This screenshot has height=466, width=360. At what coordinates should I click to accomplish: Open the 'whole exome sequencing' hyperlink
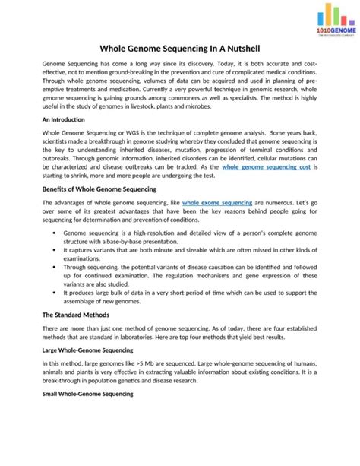pyautogui.click(x=217, y=204)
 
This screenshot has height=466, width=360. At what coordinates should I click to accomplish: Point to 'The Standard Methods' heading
pyautogui.click(x=75, y=314)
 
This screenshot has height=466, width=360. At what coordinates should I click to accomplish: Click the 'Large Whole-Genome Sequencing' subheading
pyautogui.click(x=87, y=350)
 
